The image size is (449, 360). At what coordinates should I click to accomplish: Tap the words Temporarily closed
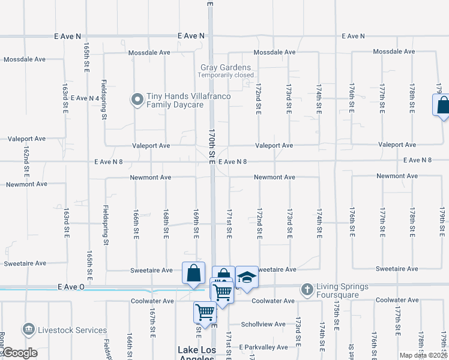coord(226,76)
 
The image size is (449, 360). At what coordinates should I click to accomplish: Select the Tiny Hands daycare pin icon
coord(137,99)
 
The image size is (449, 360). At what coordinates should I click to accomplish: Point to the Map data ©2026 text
coord(424,355)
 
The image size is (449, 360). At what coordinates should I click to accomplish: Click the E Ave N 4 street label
coord(85,98)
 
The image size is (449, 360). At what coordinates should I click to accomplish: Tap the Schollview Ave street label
coord(263,324)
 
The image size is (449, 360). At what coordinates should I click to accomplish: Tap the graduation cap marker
coord(246,277)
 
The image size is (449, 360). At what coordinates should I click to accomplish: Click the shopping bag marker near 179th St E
coord(442,106)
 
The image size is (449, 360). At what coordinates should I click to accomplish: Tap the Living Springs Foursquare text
coord(345,290)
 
